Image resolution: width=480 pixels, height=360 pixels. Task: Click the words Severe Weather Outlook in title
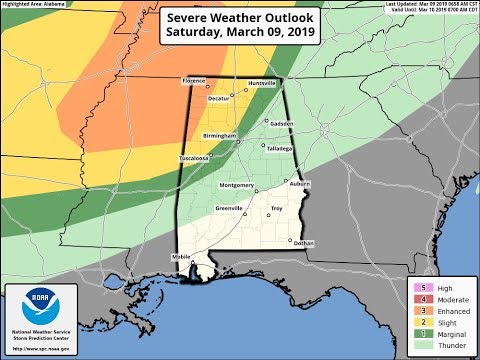pyautogui.click(x=240, y=20)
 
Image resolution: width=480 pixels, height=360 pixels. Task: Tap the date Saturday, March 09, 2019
pyautogui.click(x=240, y=36)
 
